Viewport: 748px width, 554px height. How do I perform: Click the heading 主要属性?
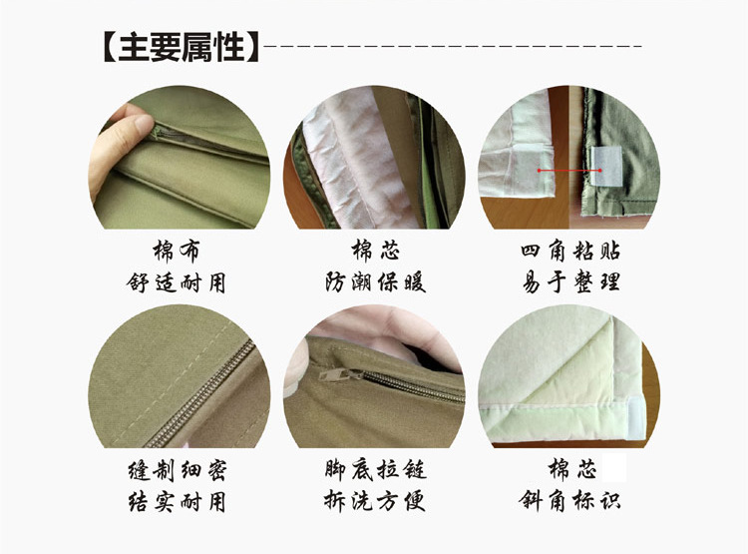click(182, 47)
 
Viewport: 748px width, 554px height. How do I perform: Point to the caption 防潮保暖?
click(375, 282)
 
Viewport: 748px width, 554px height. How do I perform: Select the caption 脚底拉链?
click(375, 469)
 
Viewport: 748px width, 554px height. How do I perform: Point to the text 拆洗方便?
click(375, 501)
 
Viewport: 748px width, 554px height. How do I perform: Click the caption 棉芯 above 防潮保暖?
click(375, 250)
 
